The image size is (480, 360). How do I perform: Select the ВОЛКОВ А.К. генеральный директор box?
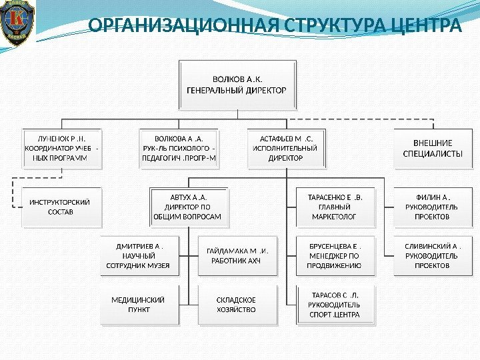tap(238, 85)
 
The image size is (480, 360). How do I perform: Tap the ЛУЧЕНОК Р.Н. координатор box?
tap(61, 148)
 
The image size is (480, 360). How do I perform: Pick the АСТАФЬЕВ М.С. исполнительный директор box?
tap(285, 148)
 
